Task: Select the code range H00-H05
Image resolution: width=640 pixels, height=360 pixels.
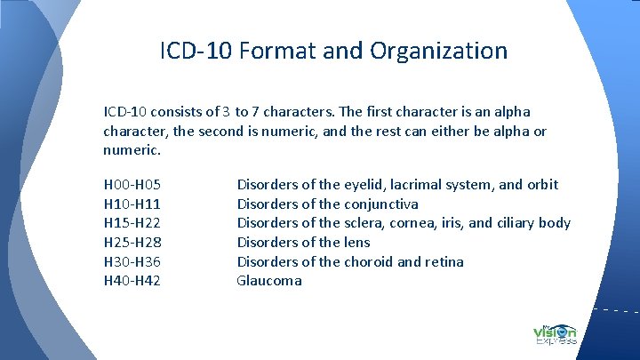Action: coord(132,185)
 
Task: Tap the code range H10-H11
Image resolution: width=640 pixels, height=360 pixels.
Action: coord(132,204)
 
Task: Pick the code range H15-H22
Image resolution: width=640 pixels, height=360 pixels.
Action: coord(132,223)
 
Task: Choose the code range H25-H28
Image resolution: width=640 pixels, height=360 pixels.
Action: coord(132,242)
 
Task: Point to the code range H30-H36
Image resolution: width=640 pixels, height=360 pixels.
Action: coord(132,261)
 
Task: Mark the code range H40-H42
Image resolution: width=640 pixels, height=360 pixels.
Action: coord(132,281)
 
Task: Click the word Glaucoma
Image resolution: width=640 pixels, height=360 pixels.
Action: coord(269,281)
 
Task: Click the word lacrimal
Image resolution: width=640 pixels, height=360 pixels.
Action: coord(417,185)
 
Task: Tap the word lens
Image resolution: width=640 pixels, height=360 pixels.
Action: coord(357,242)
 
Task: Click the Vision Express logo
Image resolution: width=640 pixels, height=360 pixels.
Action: coord(555,332)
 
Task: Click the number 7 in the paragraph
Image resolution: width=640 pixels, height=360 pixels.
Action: coord(256,112)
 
